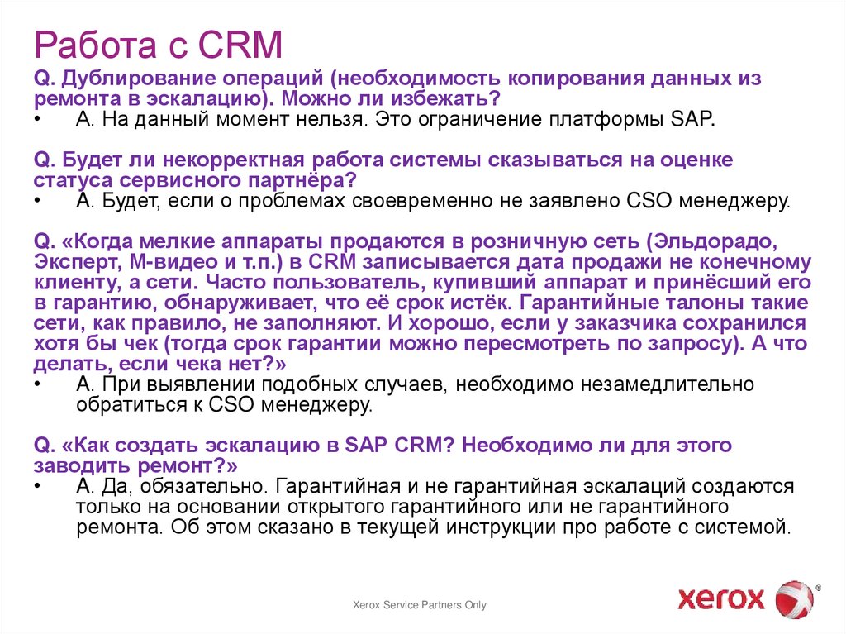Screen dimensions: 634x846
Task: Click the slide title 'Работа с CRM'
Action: [158, 45]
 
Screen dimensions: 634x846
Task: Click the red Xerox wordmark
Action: [721, 598]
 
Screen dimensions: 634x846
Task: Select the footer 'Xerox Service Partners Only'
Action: [420, 605]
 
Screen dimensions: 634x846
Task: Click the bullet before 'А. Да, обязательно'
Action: [39, 486]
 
